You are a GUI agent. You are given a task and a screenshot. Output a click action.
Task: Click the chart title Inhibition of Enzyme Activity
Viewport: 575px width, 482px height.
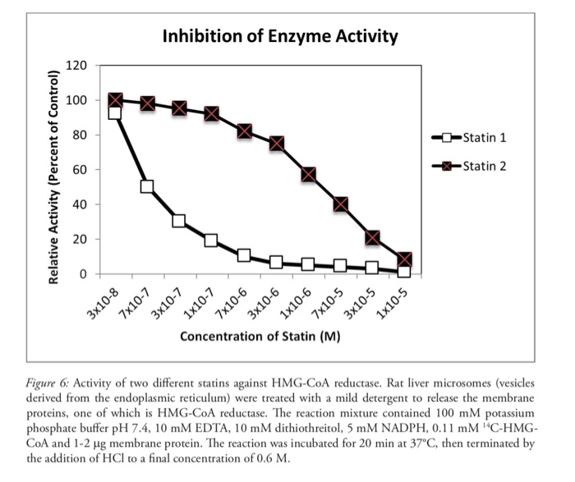279,36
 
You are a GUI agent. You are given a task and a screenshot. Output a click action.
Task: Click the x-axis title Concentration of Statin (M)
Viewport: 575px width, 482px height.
260,336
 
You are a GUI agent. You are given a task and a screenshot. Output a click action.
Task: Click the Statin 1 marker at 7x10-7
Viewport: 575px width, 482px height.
147,186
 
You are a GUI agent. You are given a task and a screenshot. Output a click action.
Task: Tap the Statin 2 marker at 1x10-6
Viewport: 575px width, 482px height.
308,174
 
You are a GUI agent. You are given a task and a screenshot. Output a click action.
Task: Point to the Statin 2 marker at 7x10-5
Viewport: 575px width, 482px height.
340,204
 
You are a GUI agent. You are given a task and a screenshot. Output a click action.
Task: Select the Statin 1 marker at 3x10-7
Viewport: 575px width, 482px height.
179,221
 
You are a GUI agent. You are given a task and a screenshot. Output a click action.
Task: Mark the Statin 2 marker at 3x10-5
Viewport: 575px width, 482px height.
372,237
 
